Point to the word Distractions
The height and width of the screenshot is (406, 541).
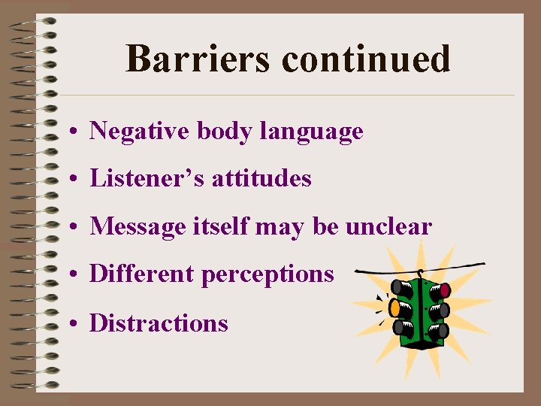[159, 323]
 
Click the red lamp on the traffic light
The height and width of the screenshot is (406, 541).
[444, 289]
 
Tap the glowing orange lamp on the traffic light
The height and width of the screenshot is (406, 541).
[393, 307]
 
